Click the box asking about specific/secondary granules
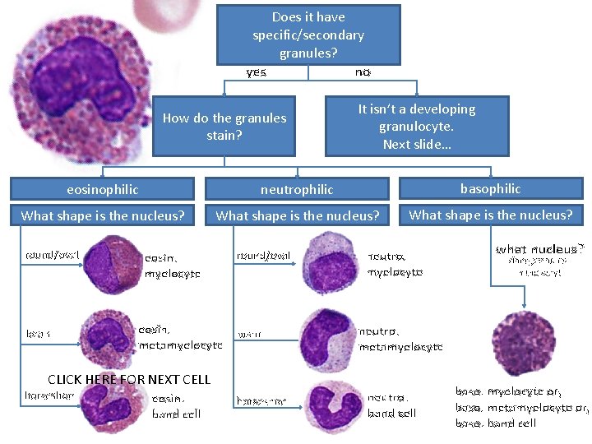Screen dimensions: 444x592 click(x=308, y=35)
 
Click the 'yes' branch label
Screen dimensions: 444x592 click(x=257, y=72)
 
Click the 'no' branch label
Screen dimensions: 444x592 click(x=363, y=72)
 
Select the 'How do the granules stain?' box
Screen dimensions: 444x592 click(x=224, y=126)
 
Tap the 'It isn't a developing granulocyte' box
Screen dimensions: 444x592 click(x=417, y=126)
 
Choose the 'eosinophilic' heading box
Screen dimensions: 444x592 click(x=103, y=189)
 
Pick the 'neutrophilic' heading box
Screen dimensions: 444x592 click(x=297, y=189)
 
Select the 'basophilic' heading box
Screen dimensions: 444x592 click(x=491, y=188)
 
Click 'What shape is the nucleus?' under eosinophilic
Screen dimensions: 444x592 click(x=103, y=216)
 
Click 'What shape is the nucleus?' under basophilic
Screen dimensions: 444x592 click(x=491, y=215)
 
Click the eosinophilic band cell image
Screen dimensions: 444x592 click(x=113, y=403)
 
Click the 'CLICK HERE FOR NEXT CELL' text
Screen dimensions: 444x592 click(x=129, y=379)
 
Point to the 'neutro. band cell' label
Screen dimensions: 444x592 click(x=392, y=405)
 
